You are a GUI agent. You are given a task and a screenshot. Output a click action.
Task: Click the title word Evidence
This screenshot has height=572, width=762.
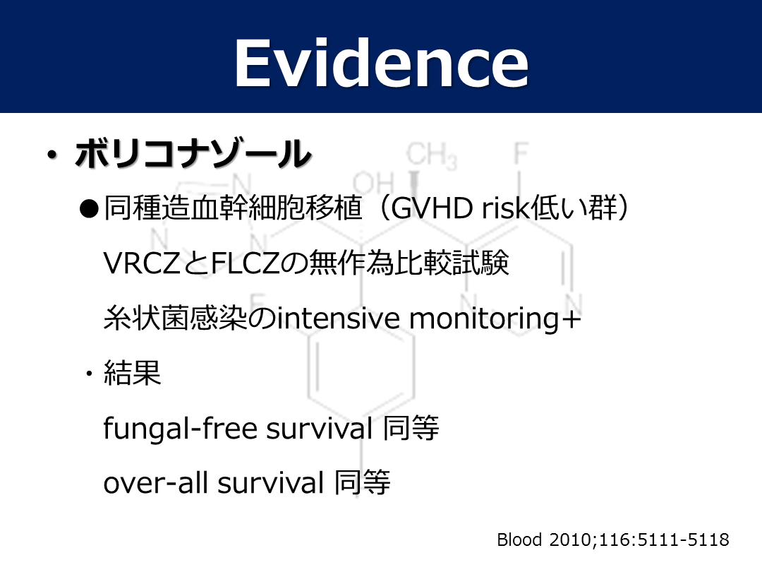click(382, 64)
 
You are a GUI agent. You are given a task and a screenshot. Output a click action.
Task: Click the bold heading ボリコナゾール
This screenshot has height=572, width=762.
click(193, 154)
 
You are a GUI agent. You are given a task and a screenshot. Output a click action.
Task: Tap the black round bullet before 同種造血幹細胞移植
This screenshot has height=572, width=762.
click(89, 208)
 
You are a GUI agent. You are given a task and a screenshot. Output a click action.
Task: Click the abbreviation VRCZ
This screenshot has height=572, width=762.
click(142, 263)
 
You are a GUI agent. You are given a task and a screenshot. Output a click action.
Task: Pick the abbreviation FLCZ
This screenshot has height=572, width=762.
click(246, 263)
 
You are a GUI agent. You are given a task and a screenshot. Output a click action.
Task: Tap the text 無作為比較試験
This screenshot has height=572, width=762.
click(409, 263)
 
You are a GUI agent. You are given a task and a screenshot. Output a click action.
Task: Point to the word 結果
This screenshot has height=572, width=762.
click(132, 373)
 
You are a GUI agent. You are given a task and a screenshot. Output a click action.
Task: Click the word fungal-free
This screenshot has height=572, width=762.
click(181, 429)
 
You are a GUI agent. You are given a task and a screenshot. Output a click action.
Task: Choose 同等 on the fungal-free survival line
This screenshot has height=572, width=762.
click(411, 428)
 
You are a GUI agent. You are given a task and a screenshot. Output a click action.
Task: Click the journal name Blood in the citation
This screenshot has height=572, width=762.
click(519, 540)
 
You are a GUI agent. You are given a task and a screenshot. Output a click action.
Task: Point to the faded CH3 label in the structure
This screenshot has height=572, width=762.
click(431, 155)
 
